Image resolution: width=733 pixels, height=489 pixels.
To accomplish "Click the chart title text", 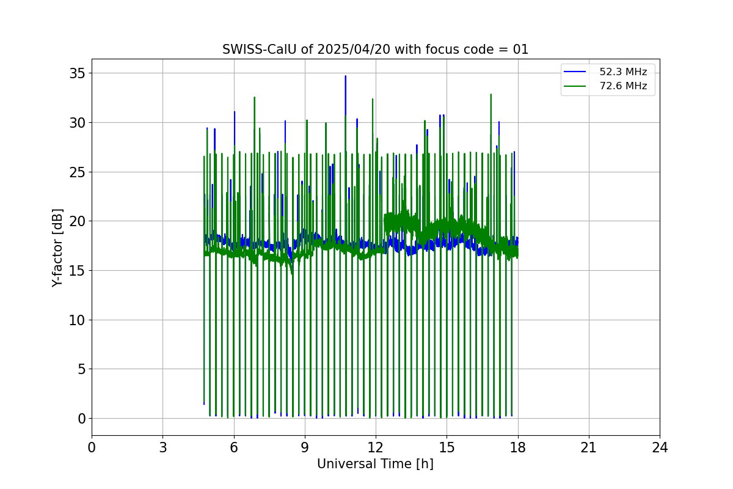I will click(x=375, y=50).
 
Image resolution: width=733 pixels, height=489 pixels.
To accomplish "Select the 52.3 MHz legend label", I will click(x=623, y=72).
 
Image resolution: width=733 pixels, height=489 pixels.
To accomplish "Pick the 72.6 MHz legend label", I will click(x=623, y=86).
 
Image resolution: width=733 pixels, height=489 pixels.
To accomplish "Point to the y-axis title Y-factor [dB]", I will click(x=57, y=248).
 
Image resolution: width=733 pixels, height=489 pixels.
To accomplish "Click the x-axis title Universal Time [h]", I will click(x=375, y=464).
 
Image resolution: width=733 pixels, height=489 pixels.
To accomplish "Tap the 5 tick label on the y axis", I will click(x=80, y=369).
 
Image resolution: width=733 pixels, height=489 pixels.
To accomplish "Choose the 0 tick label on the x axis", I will click(x=92, y=447).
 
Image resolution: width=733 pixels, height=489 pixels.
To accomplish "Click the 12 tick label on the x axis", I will click(x=376, y=447).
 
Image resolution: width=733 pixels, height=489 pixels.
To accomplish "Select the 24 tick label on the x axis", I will click(x=660, y=447).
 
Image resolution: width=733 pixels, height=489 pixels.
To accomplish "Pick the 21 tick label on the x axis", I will click(x=588, y=447).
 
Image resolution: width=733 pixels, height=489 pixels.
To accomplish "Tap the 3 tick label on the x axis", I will click(x=162, y=447).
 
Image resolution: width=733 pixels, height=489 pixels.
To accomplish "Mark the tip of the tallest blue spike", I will click(x=345, y=76).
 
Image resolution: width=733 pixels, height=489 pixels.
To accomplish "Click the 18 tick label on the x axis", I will click(x=517, y=447).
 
